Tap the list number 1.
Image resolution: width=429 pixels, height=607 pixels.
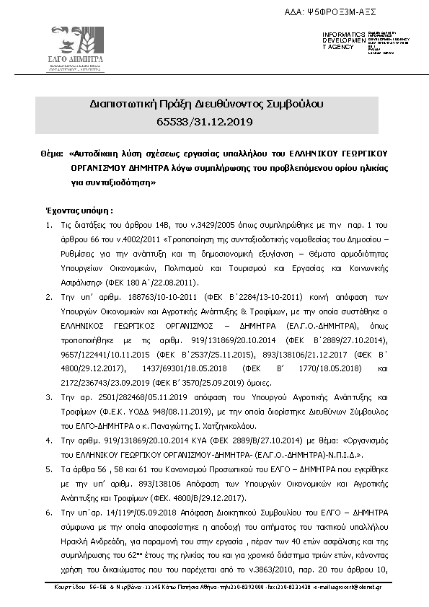tap(49, 226)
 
